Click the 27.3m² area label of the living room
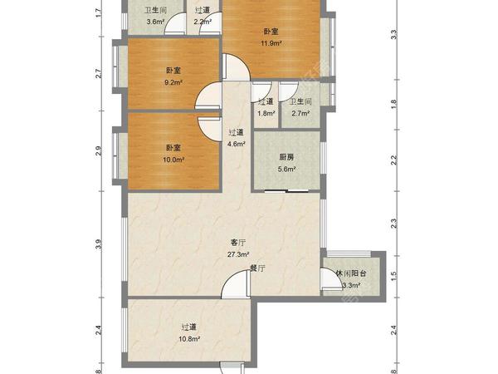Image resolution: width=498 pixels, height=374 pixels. (x=238, y=254)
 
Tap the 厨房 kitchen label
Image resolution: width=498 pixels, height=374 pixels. (x=286, y=157)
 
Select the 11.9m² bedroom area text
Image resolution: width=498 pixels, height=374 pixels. (x=271, y=43)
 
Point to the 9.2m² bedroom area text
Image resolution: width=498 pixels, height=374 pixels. (x=173, y=82)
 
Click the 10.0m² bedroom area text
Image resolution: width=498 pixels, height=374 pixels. (x=173, y=160)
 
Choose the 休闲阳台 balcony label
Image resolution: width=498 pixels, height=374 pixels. (x=351, y=273)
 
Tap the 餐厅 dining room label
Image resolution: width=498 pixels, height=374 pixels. (x=257, y=268)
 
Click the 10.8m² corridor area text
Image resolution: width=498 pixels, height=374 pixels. (x=189, y=339)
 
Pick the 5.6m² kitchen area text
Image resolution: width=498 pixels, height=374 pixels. (x=287, y=170)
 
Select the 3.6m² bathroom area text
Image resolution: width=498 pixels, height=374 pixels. (x=155, y=22)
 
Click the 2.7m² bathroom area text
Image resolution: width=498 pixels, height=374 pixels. (x=300, y=113)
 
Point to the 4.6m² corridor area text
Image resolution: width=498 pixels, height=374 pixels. (x=236, y=144)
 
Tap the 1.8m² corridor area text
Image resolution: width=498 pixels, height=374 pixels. (x=266, y=113)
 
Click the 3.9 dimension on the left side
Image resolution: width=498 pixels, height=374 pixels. (x=99, y=244)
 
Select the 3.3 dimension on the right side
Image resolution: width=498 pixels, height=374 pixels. (x=393, y=34)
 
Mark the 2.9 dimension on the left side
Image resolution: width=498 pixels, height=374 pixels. (x=99, y=150)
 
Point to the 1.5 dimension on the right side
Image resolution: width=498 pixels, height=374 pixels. (x=393, y=275)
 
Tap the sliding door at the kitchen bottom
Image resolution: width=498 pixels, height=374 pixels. (x=287, y=191)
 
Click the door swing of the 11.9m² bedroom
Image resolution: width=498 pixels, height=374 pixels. (x=237, y=67)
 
